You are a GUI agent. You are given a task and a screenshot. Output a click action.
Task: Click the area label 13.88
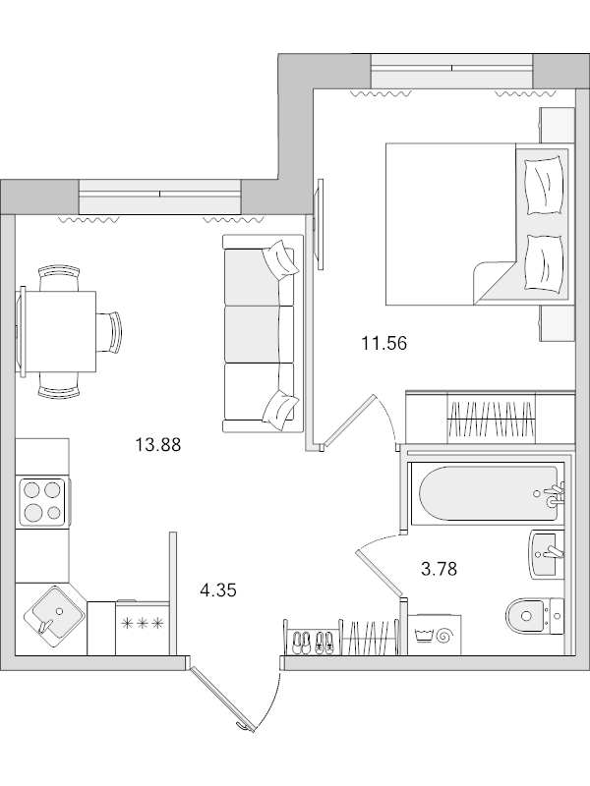pos(157,445)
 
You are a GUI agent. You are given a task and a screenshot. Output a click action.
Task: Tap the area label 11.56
pos(383,343)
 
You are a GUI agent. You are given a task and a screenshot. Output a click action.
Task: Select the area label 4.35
pos(218,590)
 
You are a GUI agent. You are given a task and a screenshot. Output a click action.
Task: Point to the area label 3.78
pos(439,567)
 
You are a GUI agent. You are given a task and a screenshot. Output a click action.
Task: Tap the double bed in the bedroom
pos(462,224)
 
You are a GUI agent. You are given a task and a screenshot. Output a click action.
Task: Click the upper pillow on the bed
pos(544,183)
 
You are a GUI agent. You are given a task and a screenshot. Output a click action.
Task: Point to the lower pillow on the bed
pos(544,260)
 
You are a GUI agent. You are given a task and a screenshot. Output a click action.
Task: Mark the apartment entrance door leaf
pos(227,699)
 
